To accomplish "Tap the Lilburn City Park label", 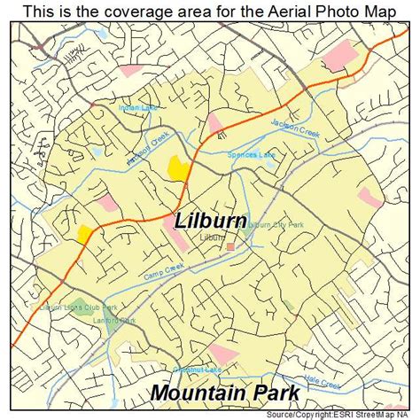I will pos(276,225).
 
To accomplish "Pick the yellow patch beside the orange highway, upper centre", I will pos(178,166).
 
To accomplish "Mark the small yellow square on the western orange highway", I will pos(86,233).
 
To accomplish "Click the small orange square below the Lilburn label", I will pos(230,246).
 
